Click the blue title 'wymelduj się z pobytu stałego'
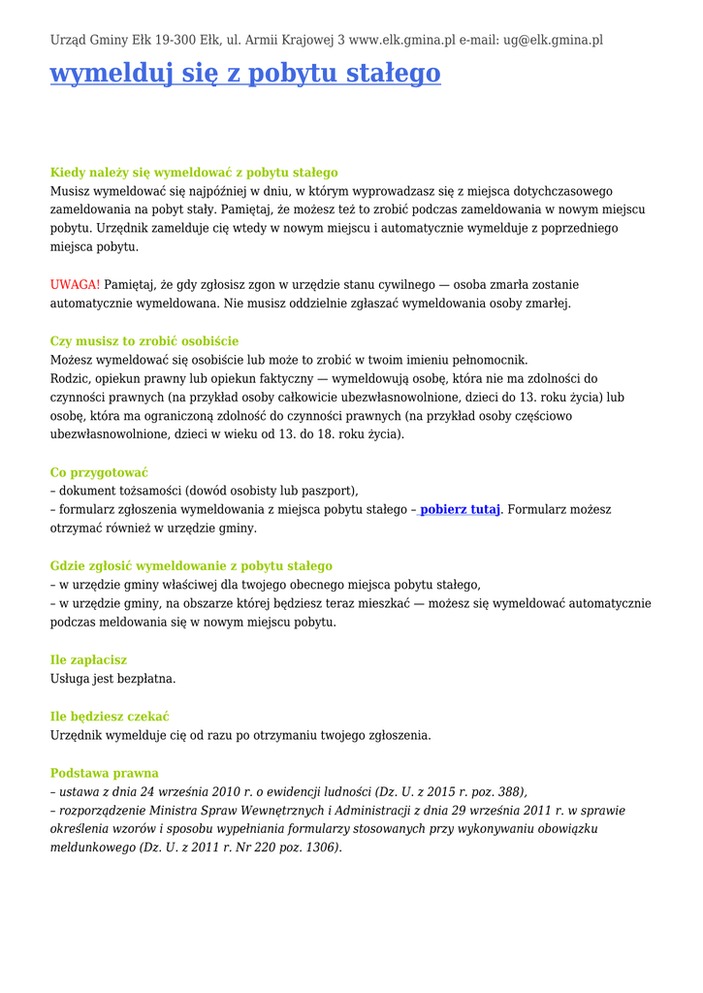coord(245,74)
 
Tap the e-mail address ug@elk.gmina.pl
coord(553,40)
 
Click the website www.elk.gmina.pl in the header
coord(401,40)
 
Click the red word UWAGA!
coord(75,284)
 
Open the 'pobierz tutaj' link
coord(460,509)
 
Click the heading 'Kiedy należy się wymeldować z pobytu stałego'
coord(194,173)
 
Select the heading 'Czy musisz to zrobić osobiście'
coord(144,341)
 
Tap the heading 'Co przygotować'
coord(99,472)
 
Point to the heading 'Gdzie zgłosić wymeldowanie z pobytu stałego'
coord(191,565)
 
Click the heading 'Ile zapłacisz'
coord(88,659)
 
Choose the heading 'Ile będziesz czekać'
coord(110,717)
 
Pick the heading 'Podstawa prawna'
coord(104,773)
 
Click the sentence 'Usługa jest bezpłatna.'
coord(113,679)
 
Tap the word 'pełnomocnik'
coord(492,360)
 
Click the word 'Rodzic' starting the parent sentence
coord(70,378)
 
